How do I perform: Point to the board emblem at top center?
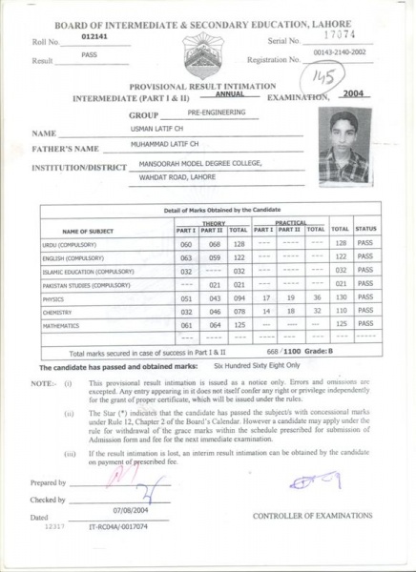(x=208, y=59)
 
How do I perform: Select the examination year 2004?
(x=354, y=94)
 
